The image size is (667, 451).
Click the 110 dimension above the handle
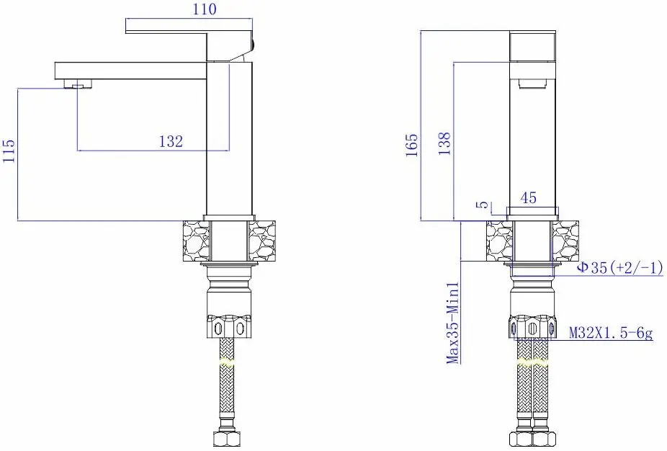(205, 9)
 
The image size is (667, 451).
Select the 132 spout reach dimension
(171, 140)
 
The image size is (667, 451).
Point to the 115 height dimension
(9, 150)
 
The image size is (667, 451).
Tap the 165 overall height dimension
(412, 145)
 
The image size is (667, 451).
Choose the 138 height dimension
(444, 143)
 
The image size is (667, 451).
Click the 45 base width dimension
(528, 197)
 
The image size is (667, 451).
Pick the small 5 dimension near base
(483, 204)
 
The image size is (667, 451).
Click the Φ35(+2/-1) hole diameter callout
(619, 267)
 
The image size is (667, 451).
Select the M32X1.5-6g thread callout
(611, 332)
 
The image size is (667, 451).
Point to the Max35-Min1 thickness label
(454, 323)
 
